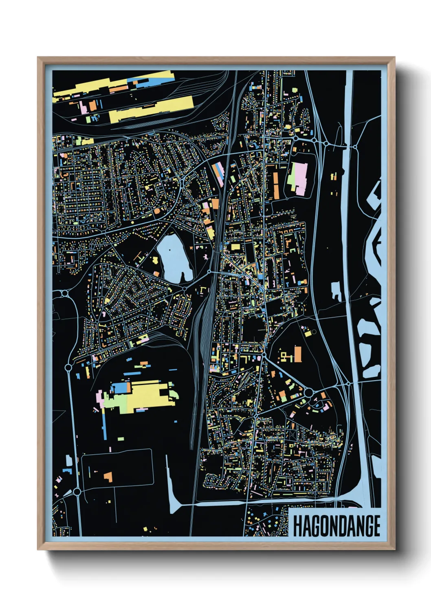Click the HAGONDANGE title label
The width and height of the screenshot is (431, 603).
(x=336, y=526)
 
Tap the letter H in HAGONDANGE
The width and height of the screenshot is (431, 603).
(x=298, y=526)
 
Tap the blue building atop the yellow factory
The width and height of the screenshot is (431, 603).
(x=121, y=388)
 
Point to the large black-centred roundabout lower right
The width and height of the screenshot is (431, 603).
(x=308, y=392)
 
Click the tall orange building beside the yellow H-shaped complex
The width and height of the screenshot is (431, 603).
(x=298, y=354)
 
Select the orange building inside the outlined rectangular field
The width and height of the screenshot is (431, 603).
(x=108, y=476)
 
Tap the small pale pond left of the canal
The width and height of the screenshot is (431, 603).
(x=336, y=291)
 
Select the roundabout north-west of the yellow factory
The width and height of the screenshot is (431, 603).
(x=68, y=368)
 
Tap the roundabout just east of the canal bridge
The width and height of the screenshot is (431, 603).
(x=355, y=146)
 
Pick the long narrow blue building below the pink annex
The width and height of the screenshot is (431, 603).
(x=104, y=423)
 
